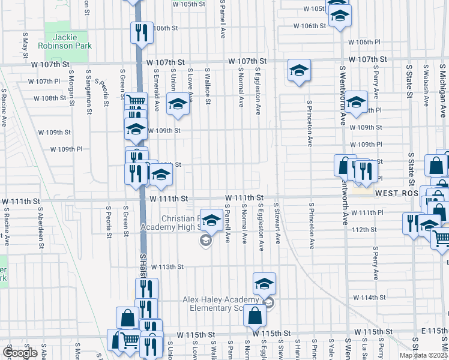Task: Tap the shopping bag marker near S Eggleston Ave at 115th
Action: tap(255, 314)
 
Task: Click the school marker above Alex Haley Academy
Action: tap(264, 283)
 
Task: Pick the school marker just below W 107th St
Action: tap(298, 71)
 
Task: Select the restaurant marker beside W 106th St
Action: tap(142, 31)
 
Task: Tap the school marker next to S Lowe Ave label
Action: tap(178, 103)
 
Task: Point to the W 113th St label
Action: tap(166, 266)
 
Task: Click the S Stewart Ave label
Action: tap(278, 226)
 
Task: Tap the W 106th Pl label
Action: tap(365, 42)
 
